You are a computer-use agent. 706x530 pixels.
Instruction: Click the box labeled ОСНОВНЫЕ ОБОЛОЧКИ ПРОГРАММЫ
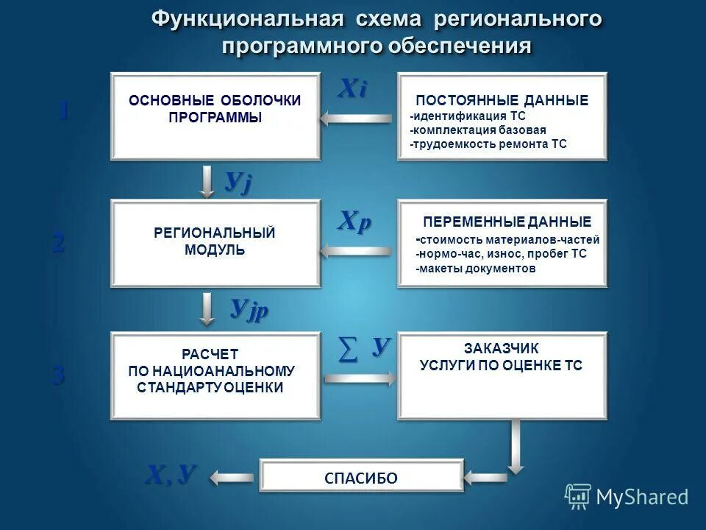click(215, 116)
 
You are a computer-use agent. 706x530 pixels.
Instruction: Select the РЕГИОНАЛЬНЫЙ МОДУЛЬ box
click(215, 242)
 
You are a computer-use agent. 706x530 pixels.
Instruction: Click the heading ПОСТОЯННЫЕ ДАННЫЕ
click(502, 101)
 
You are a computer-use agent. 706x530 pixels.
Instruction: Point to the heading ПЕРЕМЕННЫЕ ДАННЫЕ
click(507, 222)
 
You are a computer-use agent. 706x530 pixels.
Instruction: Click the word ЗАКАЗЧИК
click(501, 348)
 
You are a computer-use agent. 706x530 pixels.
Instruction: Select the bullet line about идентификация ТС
click(468, 116)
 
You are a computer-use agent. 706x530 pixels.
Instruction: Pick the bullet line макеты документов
click(476, 269)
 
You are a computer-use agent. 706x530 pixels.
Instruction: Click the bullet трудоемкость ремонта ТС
click(489, 144)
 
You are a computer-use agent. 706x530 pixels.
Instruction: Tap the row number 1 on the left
click(64, 110)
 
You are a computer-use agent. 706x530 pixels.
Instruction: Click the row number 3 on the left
click(59, 376)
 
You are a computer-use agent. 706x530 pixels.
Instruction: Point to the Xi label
click(352, 88)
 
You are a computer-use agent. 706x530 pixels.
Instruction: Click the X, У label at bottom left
click(171, 475)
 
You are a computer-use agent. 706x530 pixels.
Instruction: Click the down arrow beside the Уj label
click(208, 181)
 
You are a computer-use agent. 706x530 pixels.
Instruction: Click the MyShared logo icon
click(578, 496)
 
